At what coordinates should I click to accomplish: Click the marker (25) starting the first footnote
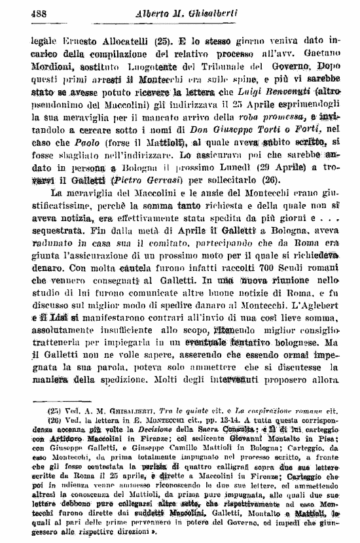(x=54, y=410)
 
